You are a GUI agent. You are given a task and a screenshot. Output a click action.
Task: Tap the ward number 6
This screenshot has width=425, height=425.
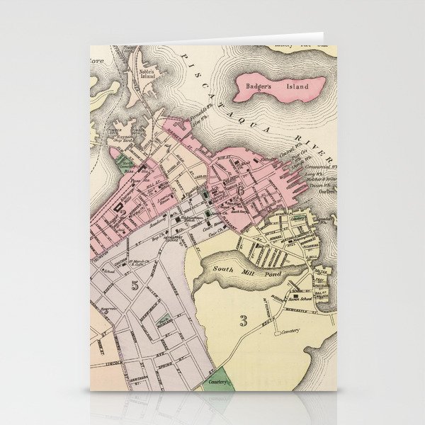coord(240,190)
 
